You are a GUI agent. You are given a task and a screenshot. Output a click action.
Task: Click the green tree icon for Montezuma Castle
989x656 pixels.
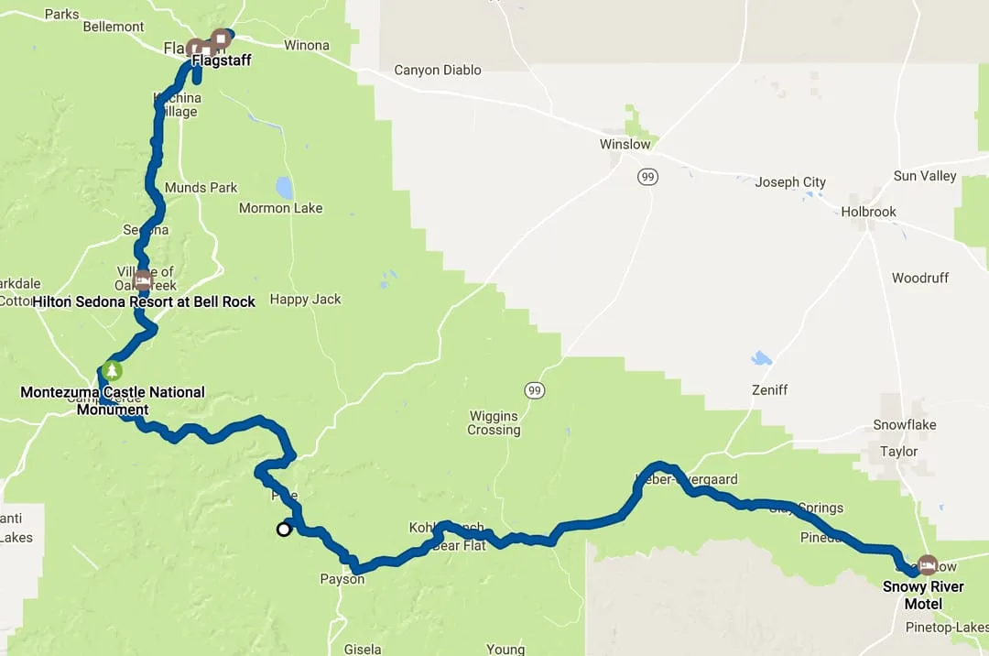111,371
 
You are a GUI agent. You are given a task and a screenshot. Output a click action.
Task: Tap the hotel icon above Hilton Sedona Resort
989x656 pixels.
142,280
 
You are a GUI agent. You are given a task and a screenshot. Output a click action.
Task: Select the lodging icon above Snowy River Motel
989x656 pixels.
927,564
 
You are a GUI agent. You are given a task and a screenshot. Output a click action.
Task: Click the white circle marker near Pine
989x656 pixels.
284,529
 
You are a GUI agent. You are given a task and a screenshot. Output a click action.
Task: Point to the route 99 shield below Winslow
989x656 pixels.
648,177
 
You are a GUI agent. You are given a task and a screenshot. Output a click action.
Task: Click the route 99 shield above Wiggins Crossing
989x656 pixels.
535,391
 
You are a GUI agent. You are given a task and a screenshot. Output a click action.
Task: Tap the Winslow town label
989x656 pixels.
625,144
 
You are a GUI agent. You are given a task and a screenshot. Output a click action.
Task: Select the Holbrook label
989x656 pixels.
868,212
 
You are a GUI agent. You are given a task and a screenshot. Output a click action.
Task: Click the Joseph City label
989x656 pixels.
789,182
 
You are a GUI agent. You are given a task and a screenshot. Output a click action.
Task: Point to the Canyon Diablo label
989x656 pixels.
437,70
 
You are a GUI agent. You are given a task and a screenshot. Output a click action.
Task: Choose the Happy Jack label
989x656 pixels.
305,300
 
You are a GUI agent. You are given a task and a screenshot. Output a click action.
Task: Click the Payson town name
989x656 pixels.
342,579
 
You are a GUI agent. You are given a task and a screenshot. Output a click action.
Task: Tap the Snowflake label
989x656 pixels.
904,425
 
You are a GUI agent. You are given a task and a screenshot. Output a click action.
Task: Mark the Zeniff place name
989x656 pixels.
768,390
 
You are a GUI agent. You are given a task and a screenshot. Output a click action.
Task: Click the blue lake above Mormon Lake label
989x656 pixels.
284,187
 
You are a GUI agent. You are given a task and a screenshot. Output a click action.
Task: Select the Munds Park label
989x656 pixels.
201,188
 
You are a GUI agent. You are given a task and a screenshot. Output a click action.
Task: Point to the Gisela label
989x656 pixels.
362,650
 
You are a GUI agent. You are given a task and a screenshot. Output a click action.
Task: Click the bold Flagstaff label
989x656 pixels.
221,60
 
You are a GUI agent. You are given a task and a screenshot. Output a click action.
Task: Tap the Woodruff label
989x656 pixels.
919,278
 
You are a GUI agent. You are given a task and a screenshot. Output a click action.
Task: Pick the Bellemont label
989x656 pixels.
114,27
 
